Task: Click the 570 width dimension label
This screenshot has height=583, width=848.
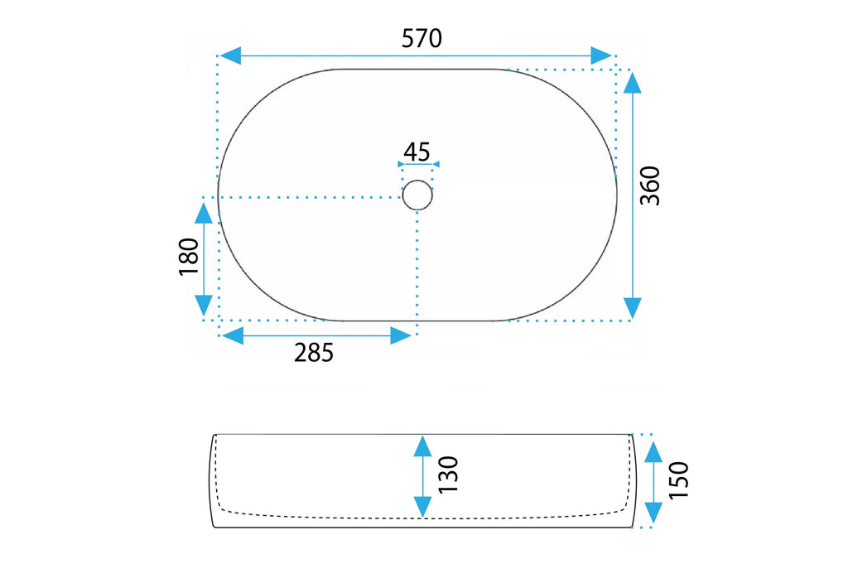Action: tap(422, 38)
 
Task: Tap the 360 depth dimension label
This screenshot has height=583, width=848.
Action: tap(650, 185)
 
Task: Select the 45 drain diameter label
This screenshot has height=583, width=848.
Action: tap(417, 152)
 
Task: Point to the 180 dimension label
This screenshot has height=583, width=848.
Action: tap(189, 257)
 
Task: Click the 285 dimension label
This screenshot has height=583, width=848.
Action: tap(314, 353)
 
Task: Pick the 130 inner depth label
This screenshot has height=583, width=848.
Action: tap(448, 475)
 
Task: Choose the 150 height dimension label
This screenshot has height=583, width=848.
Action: tap(679, 480)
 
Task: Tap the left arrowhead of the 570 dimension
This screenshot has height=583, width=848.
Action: tap(230, 55)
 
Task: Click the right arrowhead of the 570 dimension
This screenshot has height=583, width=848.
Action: tap(601, 55)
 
